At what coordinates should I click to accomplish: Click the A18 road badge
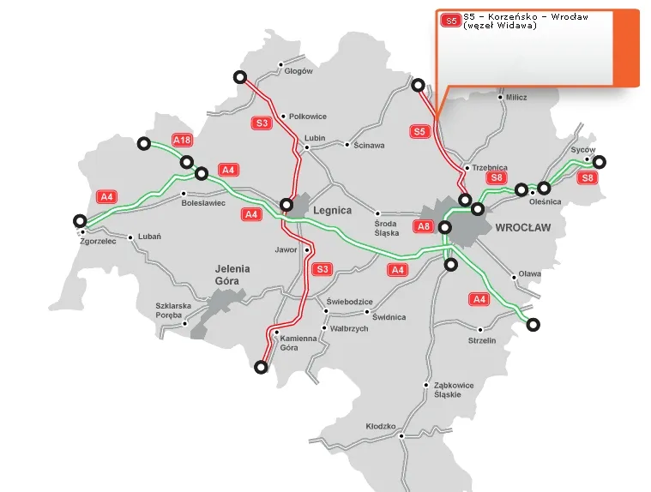(x=182, y=141)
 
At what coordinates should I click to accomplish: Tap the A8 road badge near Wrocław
(x=424, y=226)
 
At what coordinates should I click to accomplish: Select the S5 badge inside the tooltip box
(x=450, y=20)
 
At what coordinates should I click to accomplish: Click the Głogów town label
(x=298, y=71)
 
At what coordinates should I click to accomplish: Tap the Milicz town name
(x=516, y=98)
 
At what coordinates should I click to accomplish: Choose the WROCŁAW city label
(x=523, y=228)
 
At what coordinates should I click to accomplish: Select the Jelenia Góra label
(x=233, y=274)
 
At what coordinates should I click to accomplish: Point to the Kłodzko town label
(x=380, y=426)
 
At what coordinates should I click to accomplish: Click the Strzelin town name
(x=482, y=340)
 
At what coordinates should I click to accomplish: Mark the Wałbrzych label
(x=349, y=328)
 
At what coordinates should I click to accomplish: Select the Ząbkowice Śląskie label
(x=454, y=390)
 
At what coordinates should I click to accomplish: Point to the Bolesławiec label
(x=203, y=203)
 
